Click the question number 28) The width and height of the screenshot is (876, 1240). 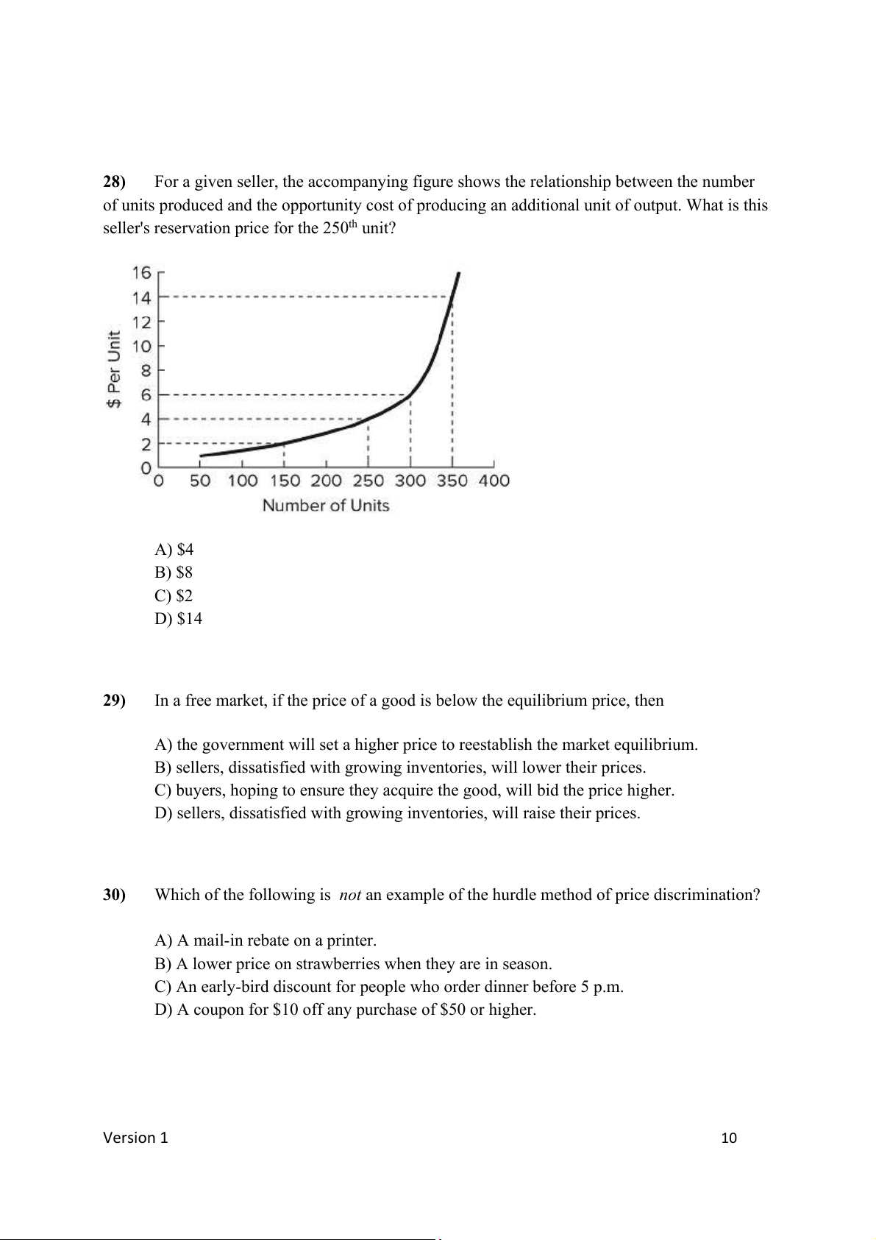114,182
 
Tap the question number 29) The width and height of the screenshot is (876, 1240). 114,701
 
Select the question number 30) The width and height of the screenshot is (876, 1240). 114,895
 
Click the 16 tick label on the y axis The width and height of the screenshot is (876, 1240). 141,273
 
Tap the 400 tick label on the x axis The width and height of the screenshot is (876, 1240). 494,481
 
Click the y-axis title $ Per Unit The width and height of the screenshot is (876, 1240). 114,369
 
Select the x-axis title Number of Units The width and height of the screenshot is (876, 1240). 326,506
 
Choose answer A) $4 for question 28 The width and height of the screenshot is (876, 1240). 174,550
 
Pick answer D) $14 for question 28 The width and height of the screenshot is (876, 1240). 178,619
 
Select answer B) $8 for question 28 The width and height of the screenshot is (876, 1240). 174,573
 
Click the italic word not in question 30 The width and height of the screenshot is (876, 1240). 349,895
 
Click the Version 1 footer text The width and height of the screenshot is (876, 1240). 135,1138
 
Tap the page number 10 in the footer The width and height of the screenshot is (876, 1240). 728,1138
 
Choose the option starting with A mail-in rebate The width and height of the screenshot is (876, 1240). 266,940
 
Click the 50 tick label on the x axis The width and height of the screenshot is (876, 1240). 200,481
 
